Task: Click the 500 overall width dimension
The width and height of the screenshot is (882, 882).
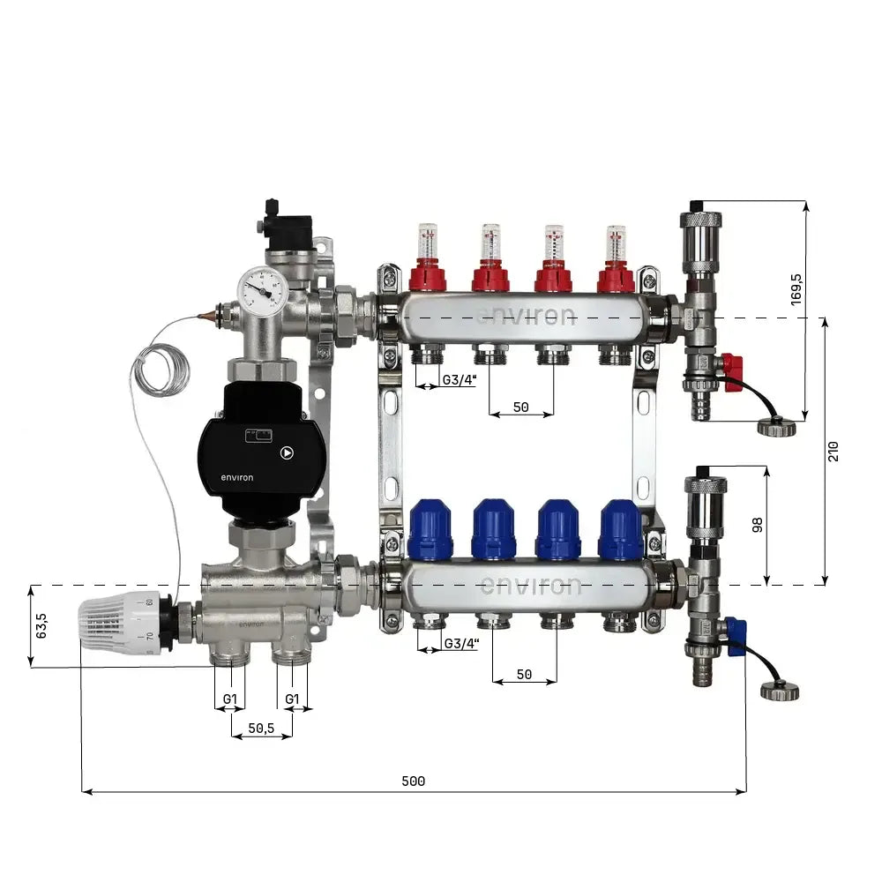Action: click(x=413, y=781)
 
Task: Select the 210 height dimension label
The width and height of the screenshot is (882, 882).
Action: click(x=834, y=451)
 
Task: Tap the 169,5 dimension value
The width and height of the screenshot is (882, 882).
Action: click(x=796, y=290)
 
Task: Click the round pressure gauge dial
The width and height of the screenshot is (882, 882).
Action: click(x=260, y=288)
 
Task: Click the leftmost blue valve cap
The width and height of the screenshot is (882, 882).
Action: click(x=430, y=530)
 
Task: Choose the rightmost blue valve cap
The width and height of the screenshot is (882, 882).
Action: click(x=621, y=530)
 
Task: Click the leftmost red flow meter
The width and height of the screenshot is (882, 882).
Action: click(x=427, y=259)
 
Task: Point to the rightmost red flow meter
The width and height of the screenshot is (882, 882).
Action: click(x=616, y=259)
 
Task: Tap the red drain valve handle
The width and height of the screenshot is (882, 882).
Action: click(x=732, y=372)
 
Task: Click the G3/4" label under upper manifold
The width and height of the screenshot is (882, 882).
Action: click(x=460, y=380)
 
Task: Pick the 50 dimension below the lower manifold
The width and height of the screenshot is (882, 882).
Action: click(x=524, y=674)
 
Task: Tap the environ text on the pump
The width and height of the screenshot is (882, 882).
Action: click(x=236, y=478)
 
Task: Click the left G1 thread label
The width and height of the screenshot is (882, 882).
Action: click(x=230, y=699)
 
